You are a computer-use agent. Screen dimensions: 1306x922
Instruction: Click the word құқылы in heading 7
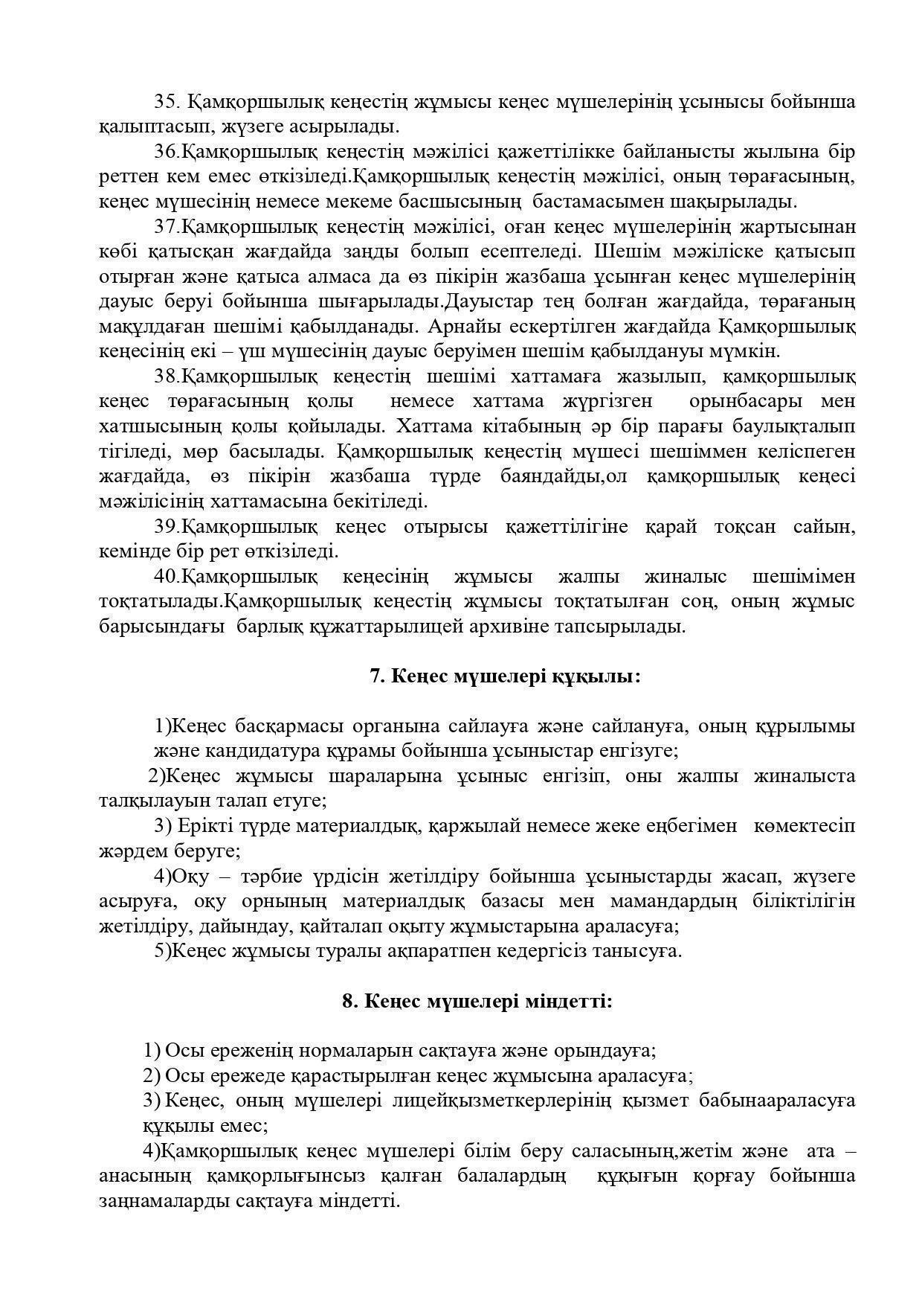(604, 676)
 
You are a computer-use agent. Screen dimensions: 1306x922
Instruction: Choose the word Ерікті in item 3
(205, 826)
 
